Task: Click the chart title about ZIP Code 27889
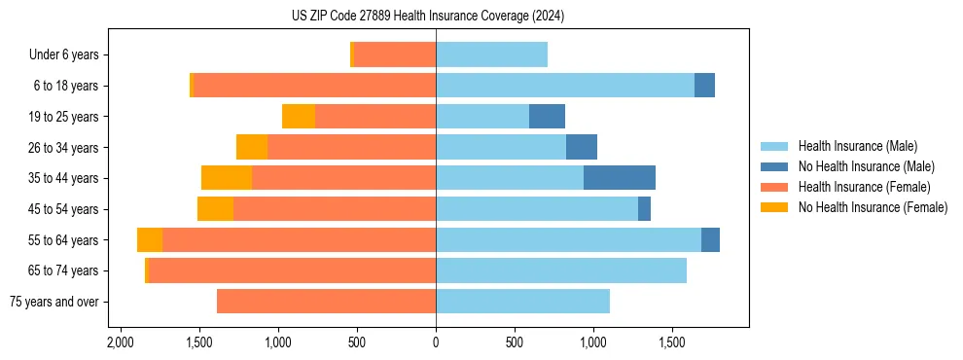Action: click(x=428, y=17)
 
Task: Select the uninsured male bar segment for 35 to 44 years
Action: click(x=620, y=177)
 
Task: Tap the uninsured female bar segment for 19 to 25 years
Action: click(x=299, y=116)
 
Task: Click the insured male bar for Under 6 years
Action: click(x=491, y=54)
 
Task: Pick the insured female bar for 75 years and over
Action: click(x=326, y=302)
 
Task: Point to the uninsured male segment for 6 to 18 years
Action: click(x=704, y=86)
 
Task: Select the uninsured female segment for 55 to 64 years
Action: click(x=150, y=239)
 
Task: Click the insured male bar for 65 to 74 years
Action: click(x=561, y=270)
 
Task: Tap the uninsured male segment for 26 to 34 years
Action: click(x=582, y=147)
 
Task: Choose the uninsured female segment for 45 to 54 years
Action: click(x=215, y=208)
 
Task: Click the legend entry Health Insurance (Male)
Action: click(x=857, y=146)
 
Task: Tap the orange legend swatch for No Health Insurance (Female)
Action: click(x=775, y=207)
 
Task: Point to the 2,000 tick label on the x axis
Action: click(x=120, y=343)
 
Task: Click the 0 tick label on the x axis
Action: click(x=436, y=343)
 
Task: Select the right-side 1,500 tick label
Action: click(x=672, y=343)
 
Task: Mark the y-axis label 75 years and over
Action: click(x=53, y=302)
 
